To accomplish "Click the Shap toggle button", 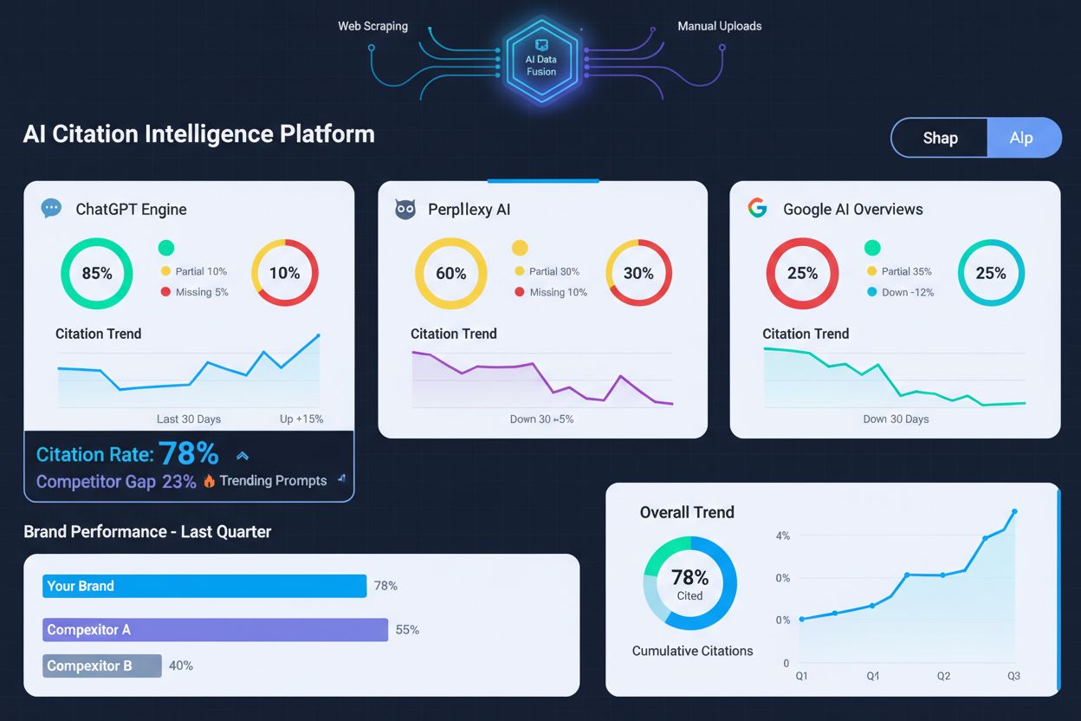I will tap(940, 138).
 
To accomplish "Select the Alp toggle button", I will tap(1022, 138).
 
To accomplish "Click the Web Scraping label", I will tap(372, 26).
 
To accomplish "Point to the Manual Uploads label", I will tap(720, 26).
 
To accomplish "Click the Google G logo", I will tap(757, 208).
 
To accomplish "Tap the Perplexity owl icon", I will tap(405, 209).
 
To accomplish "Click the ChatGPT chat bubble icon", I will tap(51, 208).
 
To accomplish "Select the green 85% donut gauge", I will tap(96, 273).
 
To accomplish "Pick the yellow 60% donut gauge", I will tap(450, 273).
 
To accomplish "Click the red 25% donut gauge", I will tap(802, 273).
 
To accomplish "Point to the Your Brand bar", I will tap(204, 586).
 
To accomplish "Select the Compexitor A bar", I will tap(215, 629).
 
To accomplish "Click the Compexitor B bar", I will tap(102, 666).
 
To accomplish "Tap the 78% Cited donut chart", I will tap(689, 583).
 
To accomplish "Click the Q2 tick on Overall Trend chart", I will tap(943, 676).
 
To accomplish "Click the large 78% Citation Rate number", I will tap(188, 453).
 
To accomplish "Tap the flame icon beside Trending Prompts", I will tap(209, 481).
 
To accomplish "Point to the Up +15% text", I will tap(301, 419).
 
